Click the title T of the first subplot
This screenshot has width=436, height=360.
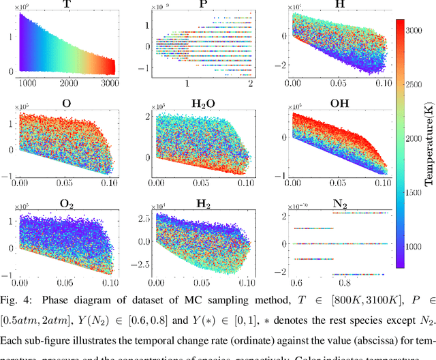[x=66, y=4]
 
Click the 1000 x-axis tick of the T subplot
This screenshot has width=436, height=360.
[x=29, y=82]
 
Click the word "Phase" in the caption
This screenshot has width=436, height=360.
[x=57, y=297]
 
